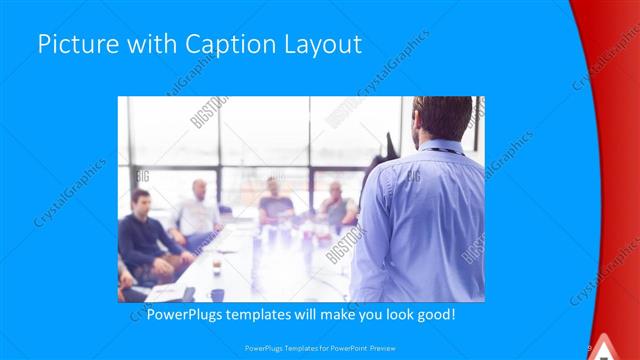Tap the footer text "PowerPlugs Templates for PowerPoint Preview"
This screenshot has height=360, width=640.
(x=320, y=347)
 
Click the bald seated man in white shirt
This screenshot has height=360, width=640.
(x=199, y=210)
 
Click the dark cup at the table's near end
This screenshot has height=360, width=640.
(x=217, y=294)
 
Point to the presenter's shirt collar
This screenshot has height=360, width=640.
(x=440, y=148)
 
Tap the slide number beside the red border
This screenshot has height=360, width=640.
(x=590, y=347)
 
